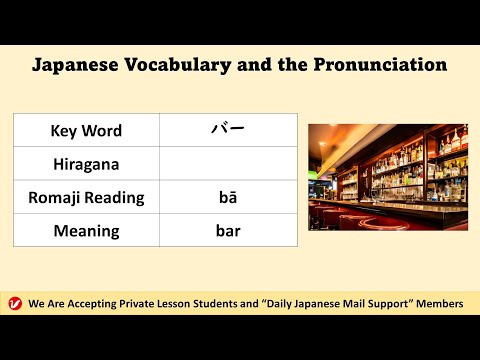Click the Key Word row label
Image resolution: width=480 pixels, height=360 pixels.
pos(86,131)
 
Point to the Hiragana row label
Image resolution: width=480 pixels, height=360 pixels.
pos(86,164)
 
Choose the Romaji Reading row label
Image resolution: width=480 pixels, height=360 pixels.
pos(86,197)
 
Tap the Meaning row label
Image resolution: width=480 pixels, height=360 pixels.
pos(86,231)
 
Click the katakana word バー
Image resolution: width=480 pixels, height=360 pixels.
pos(228,130)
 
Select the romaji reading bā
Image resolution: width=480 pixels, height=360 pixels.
pos(228,197)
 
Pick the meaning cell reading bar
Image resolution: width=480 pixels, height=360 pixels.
pos(228,231)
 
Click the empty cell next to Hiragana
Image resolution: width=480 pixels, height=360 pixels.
pos(228,164)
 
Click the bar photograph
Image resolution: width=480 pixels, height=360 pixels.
pos(387,177)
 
